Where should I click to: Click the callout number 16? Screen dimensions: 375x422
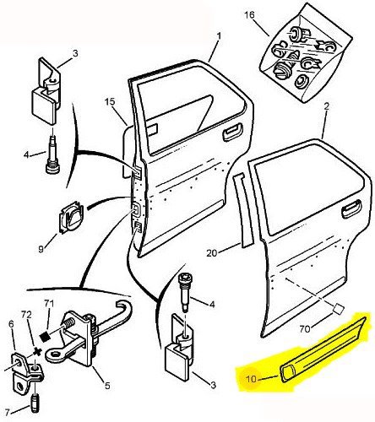pyautogui.click(x=249, y=15)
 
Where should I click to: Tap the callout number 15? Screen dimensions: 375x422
pyautogui.click(x=110, y=102)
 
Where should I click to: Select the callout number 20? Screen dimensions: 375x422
pyautogui.click(x=212, y=253)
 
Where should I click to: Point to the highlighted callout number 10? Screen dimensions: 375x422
pyautogui.click(x=252, y=379)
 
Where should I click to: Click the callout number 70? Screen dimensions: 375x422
pyautogui.click(x=306, y=328)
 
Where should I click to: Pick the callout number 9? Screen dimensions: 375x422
pyautogui.click(x=41, y=249)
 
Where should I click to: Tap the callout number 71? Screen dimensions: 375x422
pyautogui.click(x=49, y=304)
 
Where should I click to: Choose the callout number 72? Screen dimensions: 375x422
pyautogui.click(x=26, y=314)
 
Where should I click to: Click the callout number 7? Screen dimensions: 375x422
pyautogui.click(x=8, y=413)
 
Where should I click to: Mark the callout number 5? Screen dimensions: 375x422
pyautogui.click(x=107, y=386)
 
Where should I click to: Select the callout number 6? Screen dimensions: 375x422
pyautogui.click(x=11, y=324)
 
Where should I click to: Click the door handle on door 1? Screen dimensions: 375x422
pyautogui.click(x=232, y=132)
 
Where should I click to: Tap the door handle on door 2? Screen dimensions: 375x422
pyautogui.click(x=351, y=208)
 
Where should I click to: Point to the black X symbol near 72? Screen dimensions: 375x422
pyautogui.click(x=37, y=351)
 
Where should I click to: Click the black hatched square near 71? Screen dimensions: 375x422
pyautogui.click(x=45, y=336)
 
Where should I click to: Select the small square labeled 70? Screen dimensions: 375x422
pyautogui.click(x=338, y=309)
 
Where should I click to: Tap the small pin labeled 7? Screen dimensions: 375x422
pyautogui.click(x=35, y=404)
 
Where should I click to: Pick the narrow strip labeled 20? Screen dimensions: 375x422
pyautogui.click(x=243, y=211)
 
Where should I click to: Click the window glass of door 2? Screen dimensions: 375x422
pyautogui.click(x=309, y=192)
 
